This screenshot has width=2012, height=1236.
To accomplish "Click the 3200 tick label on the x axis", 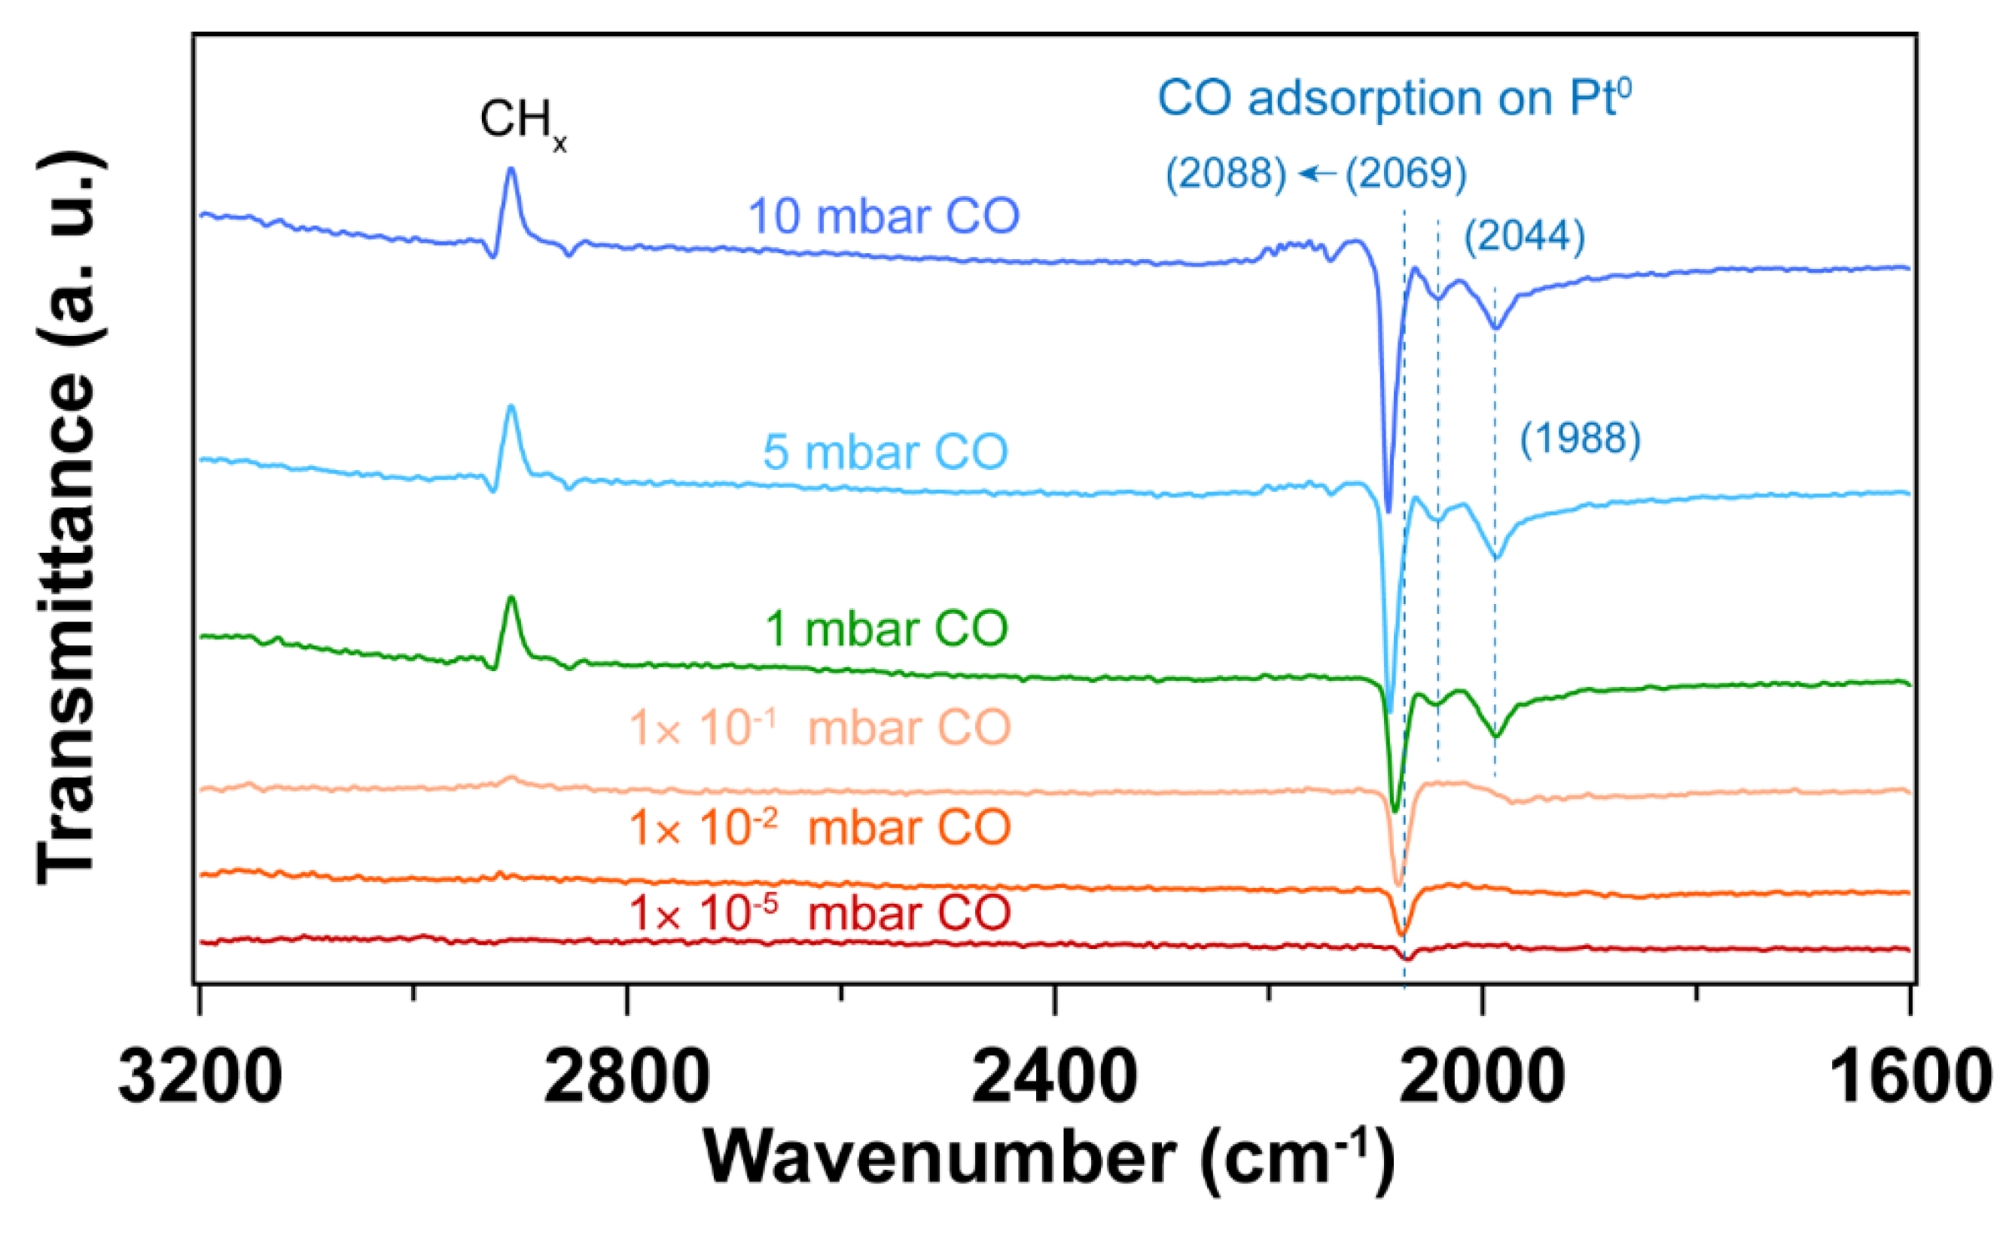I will (x=200, y=1079).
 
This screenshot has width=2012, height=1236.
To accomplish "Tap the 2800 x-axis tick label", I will (x=626, y=1079).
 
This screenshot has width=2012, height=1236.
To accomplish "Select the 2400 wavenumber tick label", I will (x=1054, y=1079).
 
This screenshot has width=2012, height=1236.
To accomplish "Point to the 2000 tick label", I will (x=1482, y=1079).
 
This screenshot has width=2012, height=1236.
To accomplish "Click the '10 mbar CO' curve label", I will (x=883, y=217).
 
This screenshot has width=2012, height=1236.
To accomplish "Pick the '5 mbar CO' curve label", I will (x=885, y=452).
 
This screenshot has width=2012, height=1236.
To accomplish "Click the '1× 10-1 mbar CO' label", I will (x=820, y=727).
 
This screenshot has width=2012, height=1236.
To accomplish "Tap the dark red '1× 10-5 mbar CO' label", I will (x=820, y=912).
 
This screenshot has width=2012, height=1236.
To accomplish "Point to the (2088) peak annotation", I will (x=1225, y=173).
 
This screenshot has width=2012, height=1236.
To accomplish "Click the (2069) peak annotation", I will (x=1406, y=173).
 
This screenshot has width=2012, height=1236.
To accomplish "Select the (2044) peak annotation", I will (x=1524, y=237).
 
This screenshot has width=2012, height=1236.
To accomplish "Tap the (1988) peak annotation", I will (x=1580, y=439).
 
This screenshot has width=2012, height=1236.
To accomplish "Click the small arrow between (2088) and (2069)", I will (x=1316, y=173).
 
